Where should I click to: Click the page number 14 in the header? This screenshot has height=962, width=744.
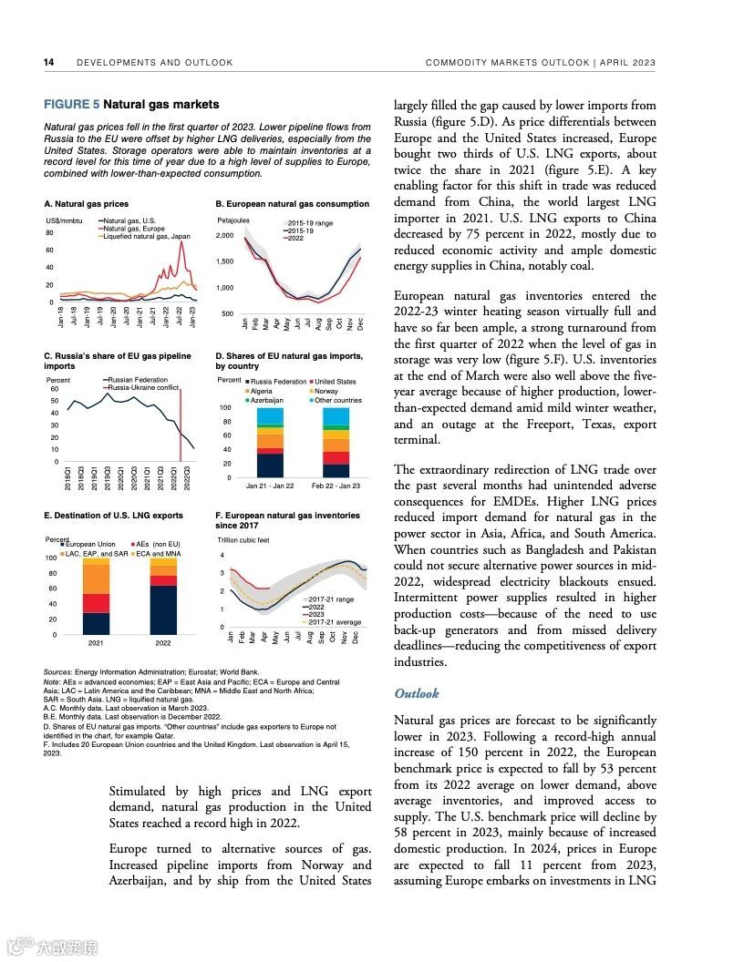coord(49,63)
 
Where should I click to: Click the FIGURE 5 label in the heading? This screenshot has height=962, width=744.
coord(72,105)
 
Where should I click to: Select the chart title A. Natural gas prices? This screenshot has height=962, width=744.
coord(87,204)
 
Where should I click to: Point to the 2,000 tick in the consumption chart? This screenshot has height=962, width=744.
coord(225,236)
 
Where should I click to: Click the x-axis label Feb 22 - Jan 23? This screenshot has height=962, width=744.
coord(336,486)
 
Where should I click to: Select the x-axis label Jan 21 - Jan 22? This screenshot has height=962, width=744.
coord(270,486)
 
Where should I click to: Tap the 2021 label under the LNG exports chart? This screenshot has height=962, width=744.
coord(96,643)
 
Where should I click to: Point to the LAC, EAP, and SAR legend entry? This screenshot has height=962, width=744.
coord(94,554)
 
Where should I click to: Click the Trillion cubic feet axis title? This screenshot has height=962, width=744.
coord(243,540)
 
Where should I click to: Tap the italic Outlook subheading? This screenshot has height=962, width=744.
coord(416,693)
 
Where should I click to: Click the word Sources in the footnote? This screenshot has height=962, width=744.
coord(57,672)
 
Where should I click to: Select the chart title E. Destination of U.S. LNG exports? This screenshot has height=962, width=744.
coord(113,516)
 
